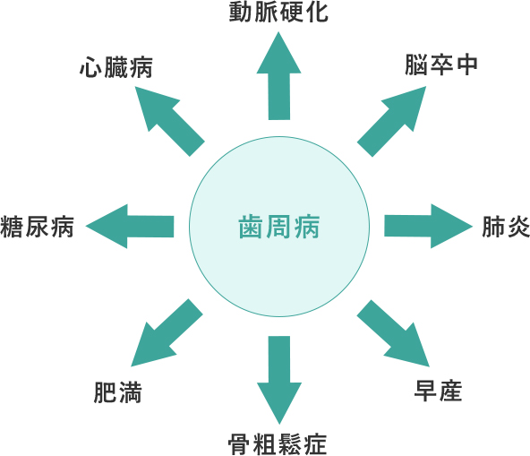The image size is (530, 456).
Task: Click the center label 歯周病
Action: tap(278, 228)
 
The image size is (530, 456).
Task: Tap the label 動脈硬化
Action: tap(278, 13)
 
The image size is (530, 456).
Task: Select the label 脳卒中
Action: tap(441, 65)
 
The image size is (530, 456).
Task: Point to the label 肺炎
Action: tap(506, 227)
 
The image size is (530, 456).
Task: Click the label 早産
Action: tap(438, 391)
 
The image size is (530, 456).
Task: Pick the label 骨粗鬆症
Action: tap(278, 444)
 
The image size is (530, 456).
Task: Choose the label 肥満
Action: tap(117, 392)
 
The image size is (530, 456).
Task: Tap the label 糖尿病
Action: tap(38, 227)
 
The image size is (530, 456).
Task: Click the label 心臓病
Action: tap(116, 67)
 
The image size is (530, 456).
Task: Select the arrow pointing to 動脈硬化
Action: tap(278, 76)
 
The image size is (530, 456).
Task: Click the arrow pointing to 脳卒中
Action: tap(392, 122)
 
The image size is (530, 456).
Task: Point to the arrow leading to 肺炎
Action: tap(428, 227)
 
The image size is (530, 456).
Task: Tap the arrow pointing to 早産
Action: tap(393, 333)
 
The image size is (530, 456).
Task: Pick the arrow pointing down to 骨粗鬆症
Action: tap(279, 380)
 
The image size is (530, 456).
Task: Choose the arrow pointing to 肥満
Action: tap(167, 333)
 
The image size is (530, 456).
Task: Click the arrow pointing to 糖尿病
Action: tap(130, 227)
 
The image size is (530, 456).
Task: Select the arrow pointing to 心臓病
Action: tap(170, 122)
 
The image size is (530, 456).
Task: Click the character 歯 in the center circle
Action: tap(251, 228)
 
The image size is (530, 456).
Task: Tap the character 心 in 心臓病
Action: tap(90, 67)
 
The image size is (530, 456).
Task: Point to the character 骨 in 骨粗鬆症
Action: tap(240, 444)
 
